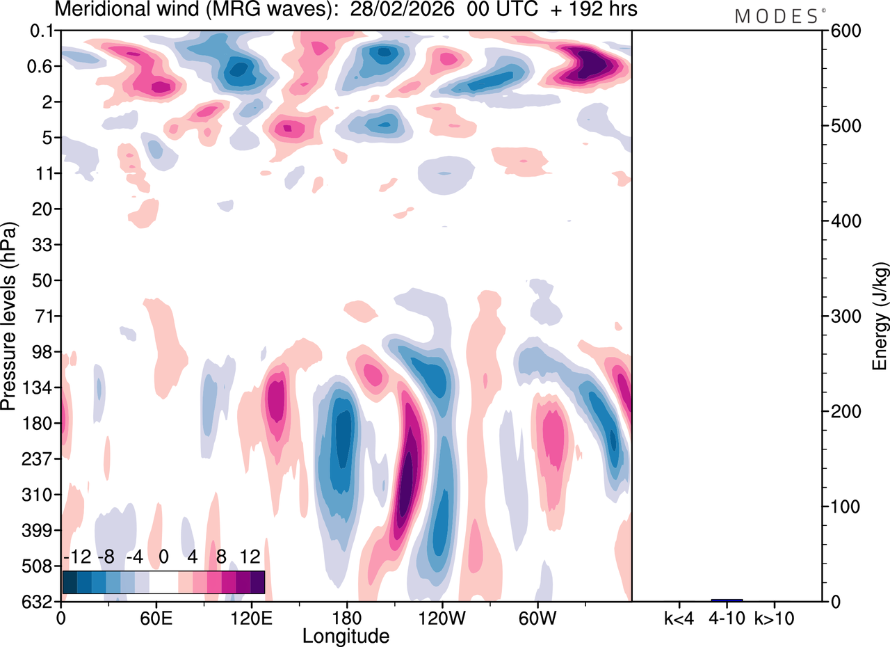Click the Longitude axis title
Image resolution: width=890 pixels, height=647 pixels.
pos(346,636)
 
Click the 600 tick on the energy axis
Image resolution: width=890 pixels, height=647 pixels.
pos(843,31)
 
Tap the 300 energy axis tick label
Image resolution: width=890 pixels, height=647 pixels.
pos(843,317)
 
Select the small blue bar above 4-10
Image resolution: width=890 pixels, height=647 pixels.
pos(727,600)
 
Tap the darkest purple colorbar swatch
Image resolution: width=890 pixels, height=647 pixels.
pos(257,582)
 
